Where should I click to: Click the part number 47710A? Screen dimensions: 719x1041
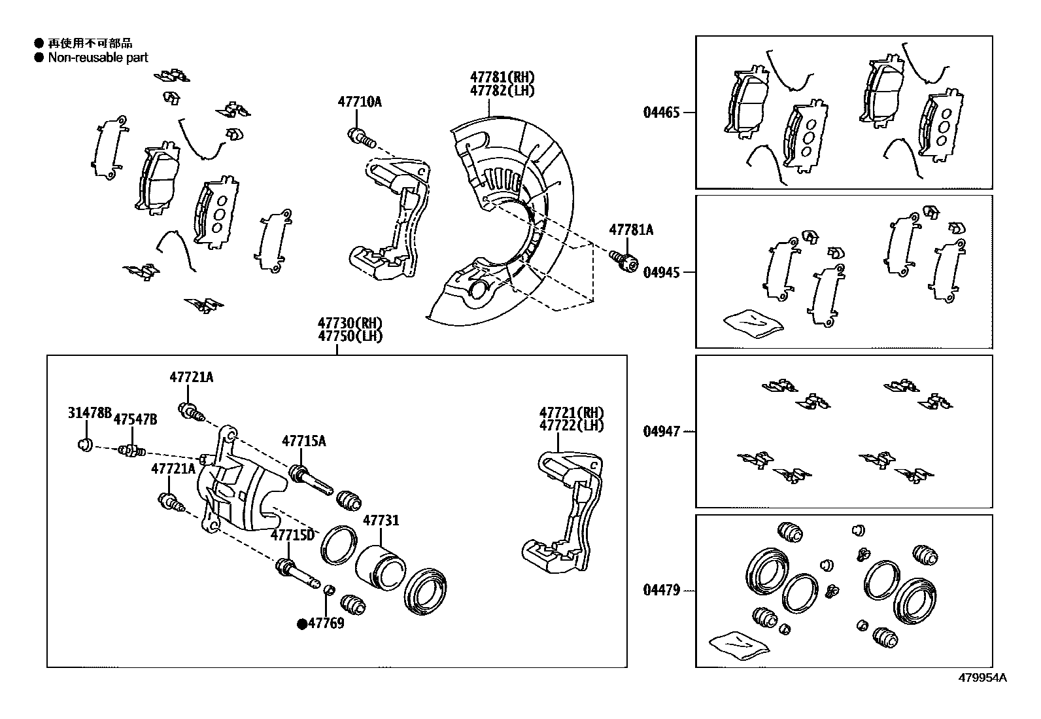tap(359, 101)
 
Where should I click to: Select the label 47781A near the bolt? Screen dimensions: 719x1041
tap(631, 230)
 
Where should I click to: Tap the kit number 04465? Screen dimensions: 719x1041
tap(661, 113)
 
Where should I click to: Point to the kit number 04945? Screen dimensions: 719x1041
tap(661, 272)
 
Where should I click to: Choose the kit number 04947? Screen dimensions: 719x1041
tap(661, 432)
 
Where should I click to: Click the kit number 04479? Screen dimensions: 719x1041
tap(661, 591)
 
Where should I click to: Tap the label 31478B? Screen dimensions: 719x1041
tap(90, 413)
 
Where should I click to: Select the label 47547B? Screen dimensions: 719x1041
tap(135, 419)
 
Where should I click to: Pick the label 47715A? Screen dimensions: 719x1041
tap(303, 441)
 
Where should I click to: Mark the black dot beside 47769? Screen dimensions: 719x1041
tap(302, 624)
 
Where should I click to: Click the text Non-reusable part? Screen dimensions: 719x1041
tap(98, 58)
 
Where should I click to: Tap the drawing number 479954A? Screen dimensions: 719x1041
tap(983, 678)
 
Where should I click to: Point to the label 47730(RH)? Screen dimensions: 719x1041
tap(350, 323)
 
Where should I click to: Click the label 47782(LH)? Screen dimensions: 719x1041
tap(502, 91)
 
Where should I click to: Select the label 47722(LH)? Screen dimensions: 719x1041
tap(572, 425)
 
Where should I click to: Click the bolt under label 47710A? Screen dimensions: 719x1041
tap(360, 137)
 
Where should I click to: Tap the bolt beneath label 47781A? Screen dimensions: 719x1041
tap(624, 261)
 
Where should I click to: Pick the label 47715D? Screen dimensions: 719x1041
tap(292, 535)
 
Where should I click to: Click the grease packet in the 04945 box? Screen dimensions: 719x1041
tap(753, 323)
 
